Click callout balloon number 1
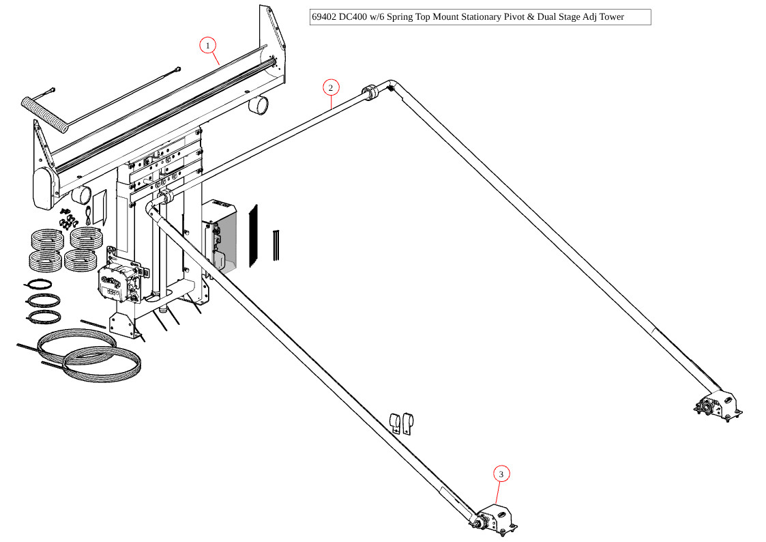tap(208, 46)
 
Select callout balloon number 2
tap(330, 87)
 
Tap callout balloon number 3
tap(501, 474)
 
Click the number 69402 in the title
tap(325, 17)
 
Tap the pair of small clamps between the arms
tap(402, 423)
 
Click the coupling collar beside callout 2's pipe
tap(370, 93)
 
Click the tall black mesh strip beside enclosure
tap(254, 236)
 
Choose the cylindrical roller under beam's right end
tap(258, 105)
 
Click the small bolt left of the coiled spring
tap(51, 90)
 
